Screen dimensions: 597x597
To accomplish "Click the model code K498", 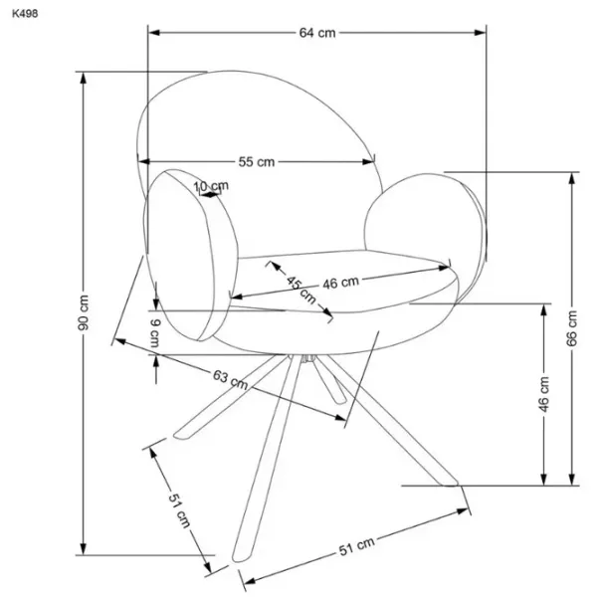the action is (x=25, y=14).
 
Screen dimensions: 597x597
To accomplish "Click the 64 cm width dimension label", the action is (x=317, y=33).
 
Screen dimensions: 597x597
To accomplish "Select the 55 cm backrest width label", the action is (x=257, y=162).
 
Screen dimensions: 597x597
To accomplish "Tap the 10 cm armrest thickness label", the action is (x=211, y=186).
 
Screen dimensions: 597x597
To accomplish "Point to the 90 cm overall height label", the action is (x=84, y=312).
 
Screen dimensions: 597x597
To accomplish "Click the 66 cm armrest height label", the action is (x=571, y=328).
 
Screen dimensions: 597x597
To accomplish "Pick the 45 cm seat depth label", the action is (x=301, y=291).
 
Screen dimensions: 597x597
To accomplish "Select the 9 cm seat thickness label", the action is (x=155, y=333).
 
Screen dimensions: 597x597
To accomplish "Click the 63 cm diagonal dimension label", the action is (x=231, y=379).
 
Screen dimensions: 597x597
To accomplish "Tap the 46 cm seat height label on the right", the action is (x=544, y=394).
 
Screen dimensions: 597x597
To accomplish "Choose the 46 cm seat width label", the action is (x=340, y=283).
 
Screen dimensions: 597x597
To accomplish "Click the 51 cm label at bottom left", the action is (x=179, y=511).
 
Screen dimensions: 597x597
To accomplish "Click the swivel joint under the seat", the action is (x=308, y=358).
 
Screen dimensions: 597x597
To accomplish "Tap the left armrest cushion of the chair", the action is (x=190, y=255).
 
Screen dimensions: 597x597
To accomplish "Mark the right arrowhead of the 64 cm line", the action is (x=481, y=33).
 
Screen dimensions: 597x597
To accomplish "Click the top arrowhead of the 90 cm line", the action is (x=83, y=78).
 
